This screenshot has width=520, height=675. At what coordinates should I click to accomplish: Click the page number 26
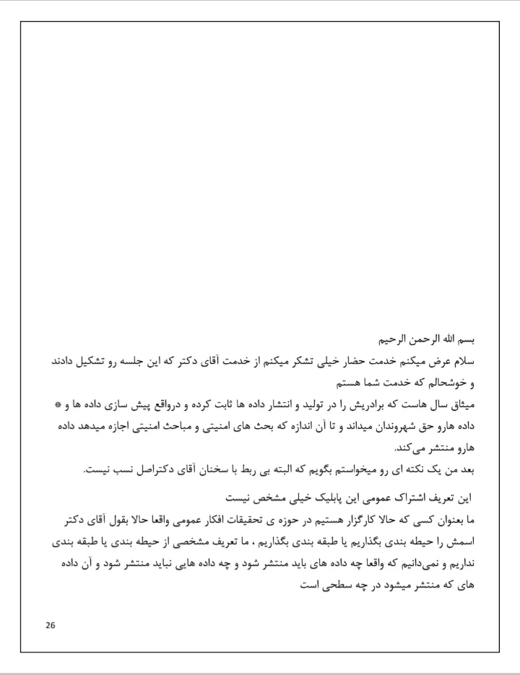[50, 624]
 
